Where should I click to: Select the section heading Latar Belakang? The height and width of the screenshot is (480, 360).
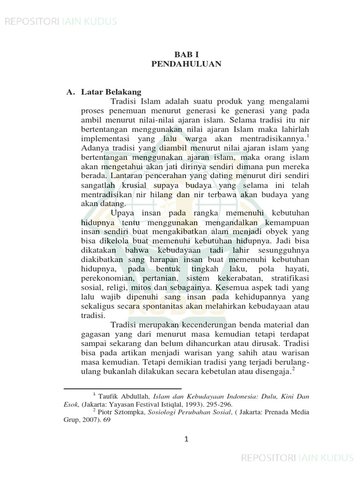tap(111, 92)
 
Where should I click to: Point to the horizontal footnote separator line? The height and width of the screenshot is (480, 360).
tap(109, 389)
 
